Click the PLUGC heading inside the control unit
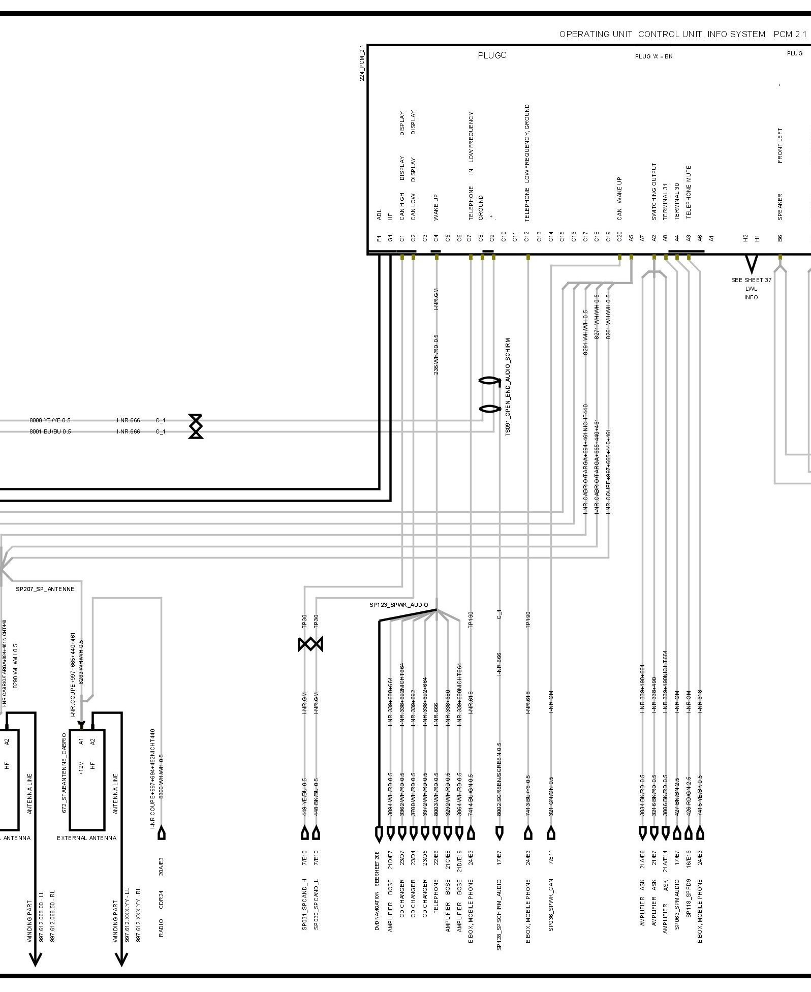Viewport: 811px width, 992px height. [x=492, y=55]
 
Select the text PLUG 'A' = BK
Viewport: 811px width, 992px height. [x=653, y=56]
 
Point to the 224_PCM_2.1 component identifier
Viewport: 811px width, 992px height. [x=362, y=63]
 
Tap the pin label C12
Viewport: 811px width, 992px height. [x=527, y=237]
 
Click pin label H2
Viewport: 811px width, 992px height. [x=745, y=237]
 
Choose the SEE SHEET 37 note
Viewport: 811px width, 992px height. [x=751, y=280]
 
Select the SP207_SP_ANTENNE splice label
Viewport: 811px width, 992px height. [x=45, y=589]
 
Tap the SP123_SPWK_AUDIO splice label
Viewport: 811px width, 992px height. [x=399, y=605]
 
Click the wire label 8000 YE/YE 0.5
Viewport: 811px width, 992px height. [x=50, y=421]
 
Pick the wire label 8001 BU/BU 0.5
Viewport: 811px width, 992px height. [x=50, y=431]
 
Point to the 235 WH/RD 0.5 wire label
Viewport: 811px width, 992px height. [x=436, y=355]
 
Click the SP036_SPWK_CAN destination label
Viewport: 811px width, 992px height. [x=551, y=905]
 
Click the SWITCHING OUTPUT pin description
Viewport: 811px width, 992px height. [x=654, y=192]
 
